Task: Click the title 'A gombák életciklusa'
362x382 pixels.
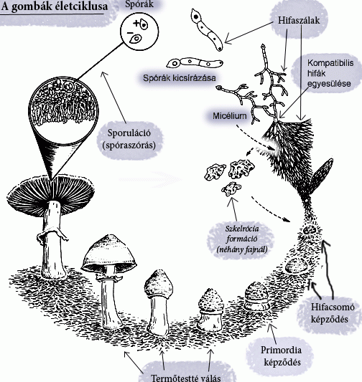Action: click(54, 6)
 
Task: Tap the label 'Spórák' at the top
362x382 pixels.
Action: click(139, 4)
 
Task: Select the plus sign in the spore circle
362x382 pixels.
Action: click(136, 23)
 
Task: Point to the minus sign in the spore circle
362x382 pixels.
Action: click(130, 32)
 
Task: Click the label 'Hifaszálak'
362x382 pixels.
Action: click(299, 21)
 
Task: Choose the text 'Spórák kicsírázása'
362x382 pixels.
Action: click(180, 78)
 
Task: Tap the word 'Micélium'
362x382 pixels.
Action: click(229, 115)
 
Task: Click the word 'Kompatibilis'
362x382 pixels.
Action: click(330, 63)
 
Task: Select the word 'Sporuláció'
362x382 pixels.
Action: click(129, 133)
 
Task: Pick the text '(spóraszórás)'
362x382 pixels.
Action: click(129, 145)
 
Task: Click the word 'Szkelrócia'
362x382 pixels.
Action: click(242, 229)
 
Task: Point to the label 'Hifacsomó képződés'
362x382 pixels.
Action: click(333, 312)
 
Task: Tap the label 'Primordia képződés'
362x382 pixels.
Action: click(282, 356)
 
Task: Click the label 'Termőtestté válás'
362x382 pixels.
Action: click(186, 378)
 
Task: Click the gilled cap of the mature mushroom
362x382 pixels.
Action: click(50, 194)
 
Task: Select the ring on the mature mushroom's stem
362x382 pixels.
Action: click(52, 234)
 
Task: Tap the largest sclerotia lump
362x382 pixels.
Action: click(241, 168)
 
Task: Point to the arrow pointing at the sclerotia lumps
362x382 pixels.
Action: click(233, 209)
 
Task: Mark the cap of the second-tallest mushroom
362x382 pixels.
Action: click(108, 253)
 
